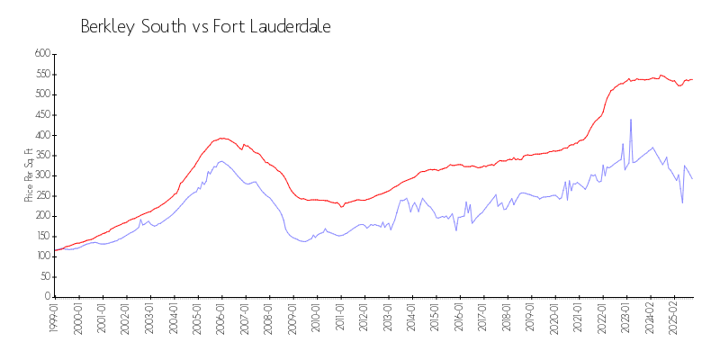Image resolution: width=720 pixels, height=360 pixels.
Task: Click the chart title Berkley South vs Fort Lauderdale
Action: pyautogui.click(x=205, y=27)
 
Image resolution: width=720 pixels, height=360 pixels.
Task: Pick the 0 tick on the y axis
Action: pyautogui.click(x=47, y=297)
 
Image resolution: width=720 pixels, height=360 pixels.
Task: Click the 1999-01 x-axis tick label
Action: pyautogui.click(x=55, y=319)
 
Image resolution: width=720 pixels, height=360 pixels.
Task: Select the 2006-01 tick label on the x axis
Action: pyautogui.click(x=220, y=319)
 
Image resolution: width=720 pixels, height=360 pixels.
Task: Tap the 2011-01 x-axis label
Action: pyautogui.click(x=339, y=319)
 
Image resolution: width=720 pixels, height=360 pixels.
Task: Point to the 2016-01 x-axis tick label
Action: pyautogui.click(x=458, y=319)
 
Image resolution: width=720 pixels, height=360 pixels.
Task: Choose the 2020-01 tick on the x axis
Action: pyautogui.click(x=553, y=319)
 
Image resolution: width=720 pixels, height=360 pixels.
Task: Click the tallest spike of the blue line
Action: pyautogui.click(x=631, y=119)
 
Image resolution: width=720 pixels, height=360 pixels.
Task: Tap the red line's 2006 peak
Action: pyautogui.click(x=222, y=138)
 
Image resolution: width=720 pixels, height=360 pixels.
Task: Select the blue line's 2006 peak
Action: pyautogui.click(x=220, y=161)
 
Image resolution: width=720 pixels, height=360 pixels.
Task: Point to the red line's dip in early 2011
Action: pyautogui.click(x=341, y=207)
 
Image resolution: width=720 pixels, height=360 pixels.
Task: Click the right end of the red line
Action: pyautogui.click(x=692, y=79)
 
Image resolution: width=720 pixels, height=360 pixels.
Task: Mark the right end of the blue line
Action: pyautogui.click(x=692, y=178)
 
